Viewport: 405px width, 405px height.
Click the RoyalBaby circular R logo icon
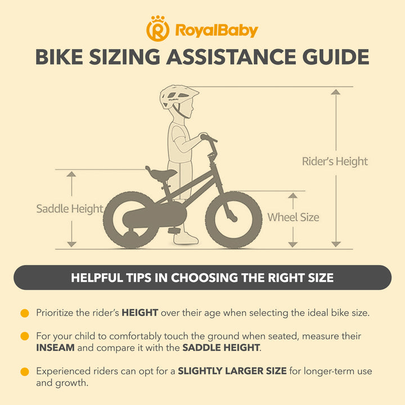158,29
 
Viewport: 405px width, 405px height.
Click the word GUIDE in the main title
336,57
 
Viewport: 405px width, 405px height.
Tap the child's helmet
178,97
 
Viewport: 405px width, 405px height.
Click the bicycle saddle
161,174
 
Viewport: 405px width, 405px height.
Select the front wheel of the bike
233,219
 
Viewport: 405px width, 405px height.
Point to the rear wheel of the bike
131,219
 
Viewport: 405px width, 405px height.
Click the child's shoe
186,238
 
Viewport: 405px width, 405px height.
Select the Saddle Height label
70,209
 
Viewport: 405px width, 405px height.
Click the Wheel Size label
293,217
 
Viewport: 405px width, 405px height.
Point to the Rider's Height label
335,161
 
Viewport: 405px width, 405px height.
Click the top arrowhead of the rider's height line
335,92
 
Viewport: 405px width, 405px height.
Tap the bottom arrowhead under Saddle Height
71,244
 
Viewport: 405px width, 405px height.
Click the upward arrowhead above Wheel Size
292,196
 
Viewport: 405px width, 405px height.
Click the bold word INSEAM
55,348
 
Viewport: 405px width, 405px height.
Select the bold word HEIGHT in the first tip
140,313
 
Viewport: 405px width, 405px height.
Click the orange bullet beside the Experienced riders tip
25,372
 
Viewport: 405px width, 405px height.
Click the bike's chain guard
155,215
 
